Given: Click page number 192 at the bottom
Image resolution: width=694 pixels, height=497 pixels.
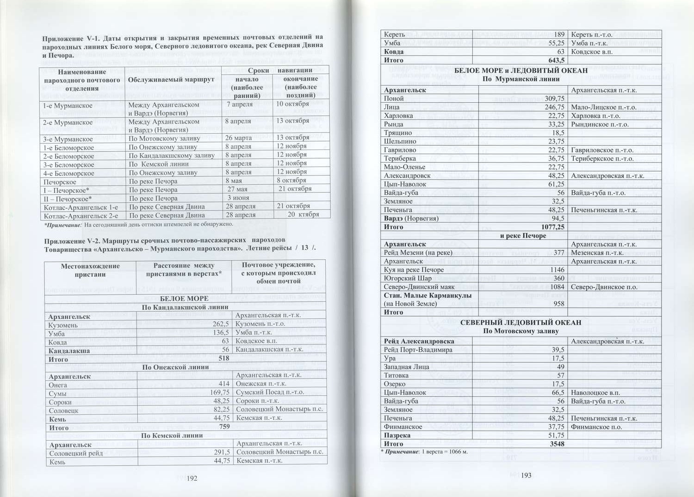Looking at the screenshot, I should point(192,478).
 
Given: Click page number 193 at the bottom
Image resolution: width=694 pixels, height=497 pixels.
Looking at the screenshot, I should point(526,476).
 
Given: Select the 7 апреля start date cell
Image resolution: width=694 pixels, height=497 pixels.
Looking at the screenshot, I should point(239,105).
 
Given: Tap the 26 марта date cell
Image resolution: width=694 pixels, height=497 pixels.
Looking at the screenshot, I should point(238,138).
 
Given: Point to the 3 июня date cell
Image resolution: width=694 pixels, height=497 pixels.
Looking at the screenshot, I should point(238,198).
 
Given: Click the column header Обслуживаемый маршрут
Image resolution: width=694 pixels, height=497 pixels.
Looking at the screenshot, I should point(171,80).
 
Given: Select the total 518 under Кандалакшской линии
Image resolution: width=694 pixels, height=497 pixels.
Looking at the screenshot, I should point(224,359).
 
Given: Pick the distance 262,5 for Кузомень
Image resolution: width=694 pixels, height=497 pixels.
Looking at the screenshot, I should point(220,324).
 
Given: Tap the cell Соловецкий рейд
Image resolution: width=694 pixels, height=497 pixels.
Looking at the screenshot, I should point(76,454).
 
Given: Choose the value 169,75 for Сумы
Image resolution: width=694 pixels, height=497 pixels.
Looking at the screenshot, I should point(220,393).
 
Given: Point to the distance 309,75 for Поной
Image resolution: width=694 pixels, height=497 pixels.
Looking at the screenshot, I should point(554,99).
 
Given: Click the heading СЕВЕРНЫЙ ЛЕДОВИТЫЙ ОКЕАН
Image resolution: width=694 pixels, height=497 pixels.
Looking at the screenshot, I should point(520,323).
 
